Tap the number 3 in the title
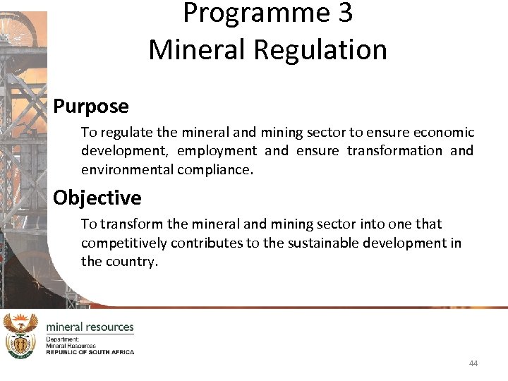tap(344, 13)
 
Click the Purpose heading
tap(91, 107)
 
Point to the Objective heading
tap(97, 198)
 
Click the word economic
tap(443, 133)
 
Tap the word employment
tap(217, 151)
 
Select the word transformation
tap(394, 151)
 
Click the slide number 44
tap(473, 363)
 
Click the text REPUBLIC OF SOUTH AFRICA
tap(90, 351)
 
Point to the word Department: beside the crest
tap(63, 339)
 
